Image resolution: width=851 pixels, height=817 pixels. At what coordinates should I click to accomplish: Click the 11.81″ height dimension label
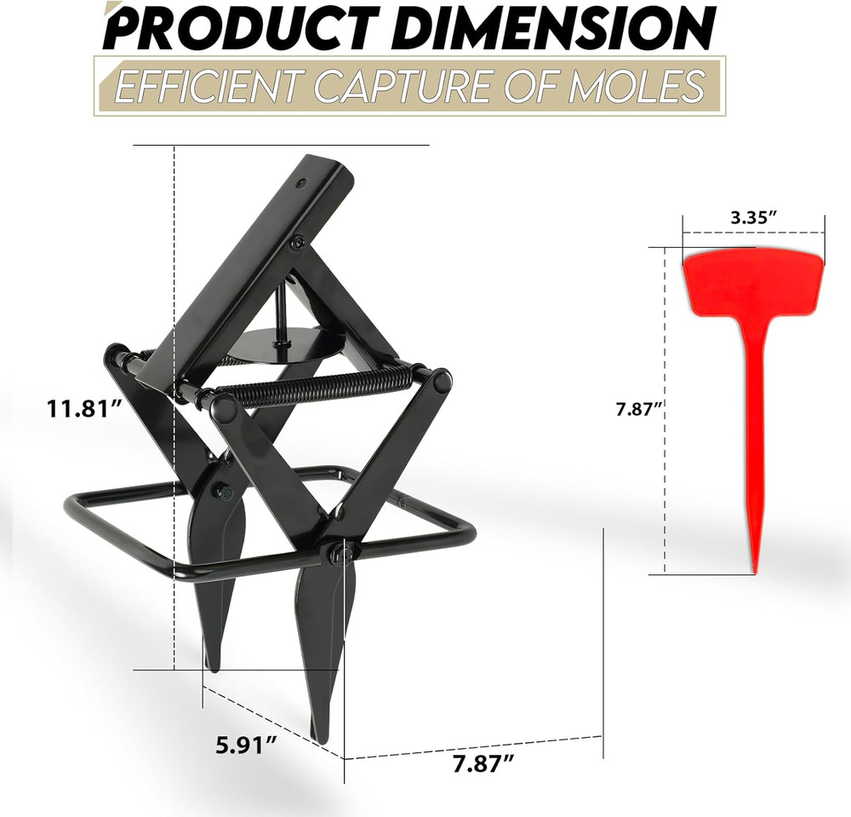click(84, 408)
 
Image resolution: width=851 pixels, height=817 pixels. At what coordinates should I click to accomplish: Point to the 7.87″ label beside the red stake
click(641, 409)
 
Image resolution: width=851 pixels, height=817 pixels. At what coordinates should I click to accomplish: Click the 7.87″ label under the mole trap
click(483, 765)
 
